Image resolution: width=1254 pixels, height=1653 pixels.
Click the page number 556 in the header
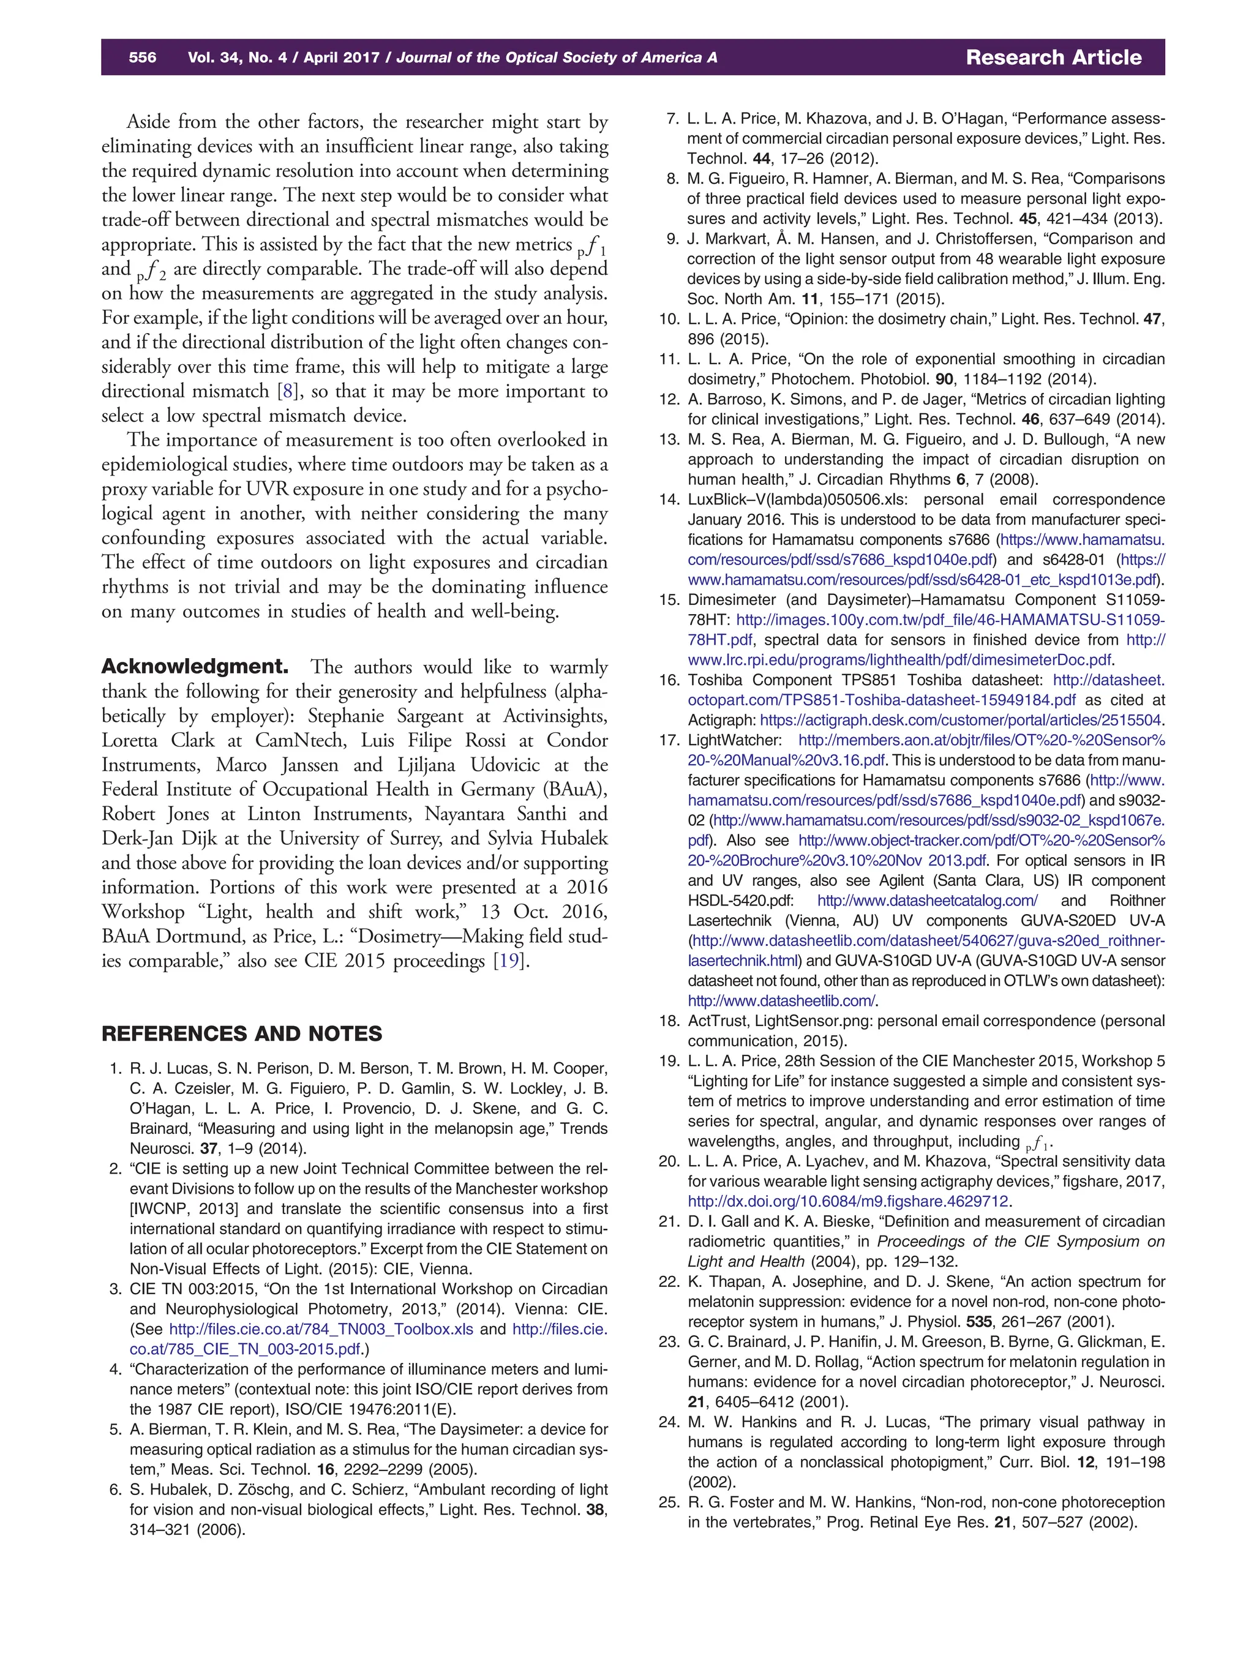pyautogui.click(x=142, y=58)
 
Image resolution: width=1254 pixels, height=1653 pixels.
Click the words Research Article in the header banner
pyautogui.click(x=1053, y=58)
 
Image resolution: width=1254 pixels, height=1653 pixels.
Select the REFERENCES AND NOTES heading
pyautogui.click(x=241, y=1034)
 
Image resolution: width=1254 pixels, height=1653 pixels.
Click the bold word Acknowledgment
pyautogui.click(x=195, y=667)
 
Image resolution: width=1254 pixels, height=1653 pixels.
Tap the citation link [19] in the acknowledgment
pyautogui.click(x=508, y=961)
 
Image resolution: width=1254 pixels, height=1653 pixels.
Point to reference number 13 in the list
pyautogui.click(x=668, y=440)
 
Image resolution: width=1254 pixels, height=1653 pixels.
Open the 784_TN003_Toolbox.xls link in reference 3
pyautogui.click(x=321, y=1329)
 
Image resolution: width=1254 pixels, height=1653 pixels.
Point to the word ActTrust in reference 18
pyautogui.click(x=718, y=1021)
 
